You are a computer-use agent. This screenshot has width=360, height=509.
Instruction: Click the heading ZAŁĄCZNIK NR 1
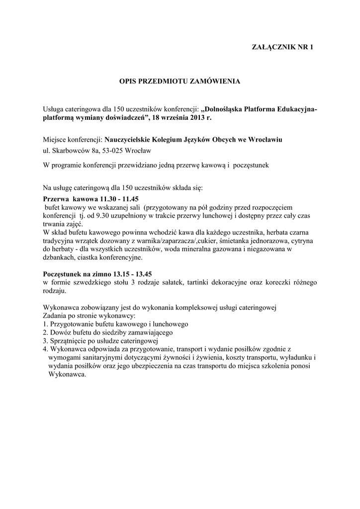pyautogui.click(x=283, y=48)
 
